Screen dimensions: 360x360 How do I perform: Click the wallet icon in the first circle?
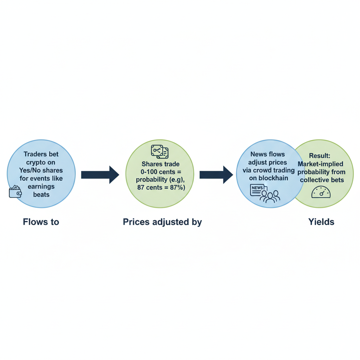point(15,192)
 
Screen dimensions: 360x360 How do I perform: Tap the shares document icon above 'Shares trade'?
point(160,152)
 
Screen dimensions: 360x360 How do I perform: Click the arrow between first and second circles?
point(100,175)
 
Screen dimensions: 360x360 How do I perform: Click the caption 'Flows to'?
point(41,222)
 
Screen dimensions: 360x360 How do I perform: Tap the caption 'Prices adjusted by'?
point(162,222)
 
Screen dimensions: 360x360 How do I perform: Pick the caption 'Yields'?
point(321,222)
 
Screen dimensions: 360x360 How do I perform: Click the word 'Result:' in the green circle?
point(320,155)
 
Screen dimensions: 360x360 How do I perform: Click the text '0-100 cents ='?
point(160,172)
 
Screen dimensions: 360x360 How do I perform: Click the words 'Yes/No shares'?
point(41,170)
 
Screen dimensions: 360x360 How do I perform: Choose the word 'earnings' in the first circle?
point(41,186)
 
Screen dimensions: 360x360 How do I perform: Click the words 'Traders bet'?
point(41,154)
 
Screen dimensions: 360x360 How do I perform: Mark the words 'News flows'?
point(268,154)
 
